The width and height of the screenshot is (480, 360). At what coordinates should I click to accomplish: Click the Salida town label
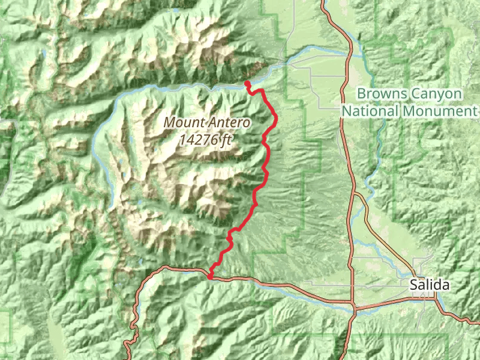(x=430, y=286)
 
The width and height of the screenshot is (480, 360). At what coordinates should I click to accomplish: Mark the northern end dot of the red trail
(x=247, y=83)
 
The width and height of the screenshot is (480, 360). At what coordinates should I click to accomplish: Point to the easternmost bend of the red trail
(x=276, y=120)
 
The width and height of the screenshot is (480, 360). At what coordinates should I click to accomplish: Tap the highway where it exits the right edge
(x=478, y=320)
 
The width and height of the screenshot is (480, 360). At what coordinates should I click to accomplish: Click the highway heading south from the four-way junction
(x=350, y=336)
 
